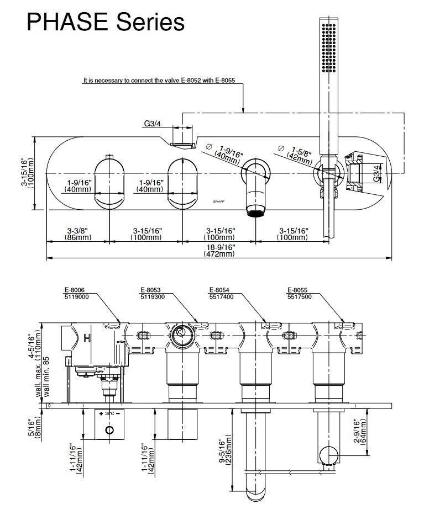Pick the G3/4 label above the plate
pyautogui.click(x=153, y=124)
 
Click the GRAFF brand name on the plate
pyautogui.click(x=219, y=203)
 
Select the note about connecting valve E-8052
pyautogui.click(x=159, y=80)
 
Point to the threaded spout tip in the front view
pyautogui.click(x=255, y=212)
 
